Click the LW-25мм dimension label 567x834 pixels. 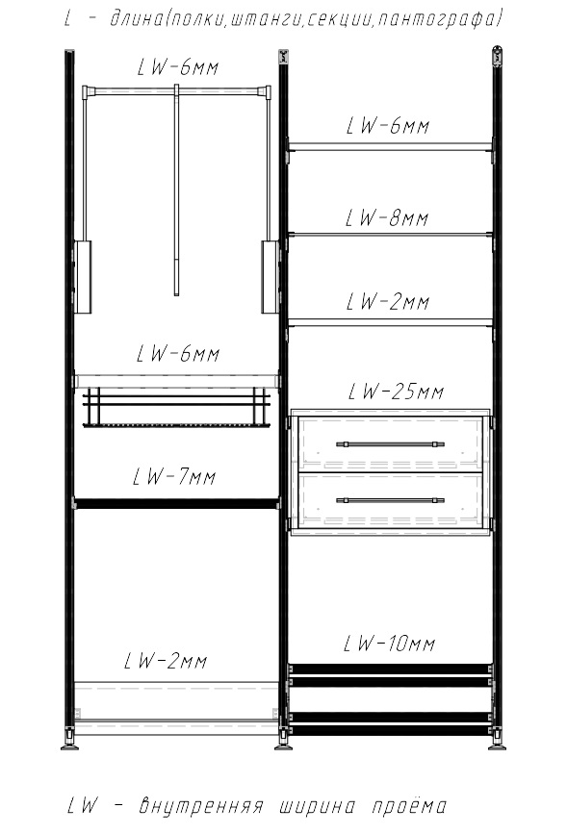pos(396,392)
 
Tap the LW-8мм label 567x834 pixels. pos(387,218)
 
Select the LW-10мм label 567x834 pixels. pos(389,644)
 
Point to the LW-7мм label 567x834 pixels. pos(174,476)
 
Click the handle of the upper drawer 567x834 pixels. pos(390,444)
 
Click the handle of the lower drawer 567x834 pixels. pos(390,500)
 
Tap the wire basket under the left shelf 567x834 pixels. pos(176,408)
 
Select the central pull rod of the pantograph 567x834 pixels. pos(176,190)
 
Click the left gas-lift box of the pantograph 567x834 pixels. pos(83,277)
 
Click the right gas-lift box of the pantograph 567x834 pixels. pos(270,277)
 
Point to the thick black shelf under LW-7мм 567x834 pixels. pos(176,503)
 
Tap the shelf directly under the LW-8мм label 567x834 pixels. pos(390,234)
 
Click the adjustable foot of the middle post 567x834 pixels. pos(282,742)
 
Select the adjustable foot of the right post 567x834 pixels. pos(497,742)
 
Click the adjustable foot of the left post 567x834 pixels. pos(69,742)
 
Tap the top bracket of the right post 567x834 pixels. pos(498,57)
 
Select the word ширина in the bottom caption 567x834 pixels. pos(317,806)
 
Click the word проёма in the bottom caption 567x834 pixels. pos(409,805)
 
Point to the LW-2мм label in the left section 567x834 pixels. pos(166,661)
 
